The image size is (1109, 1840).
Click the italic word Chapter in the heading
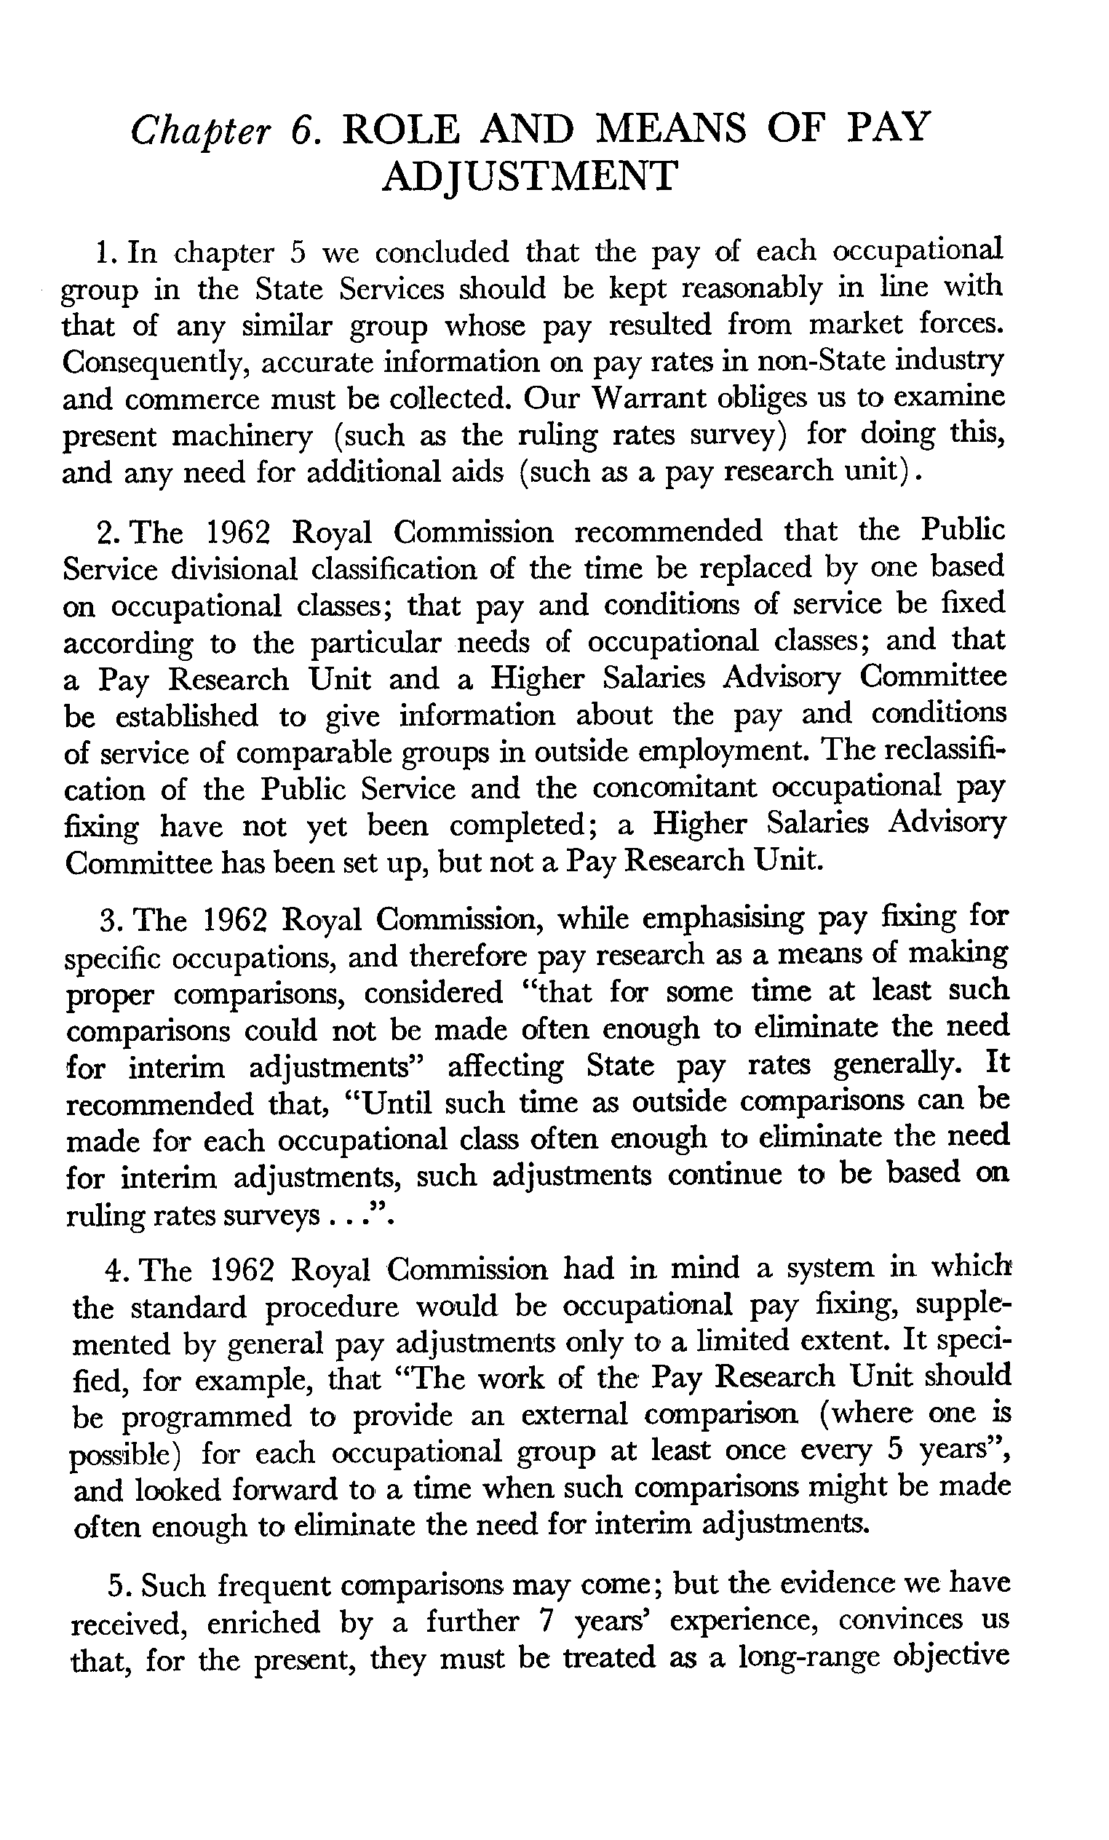click(199, 132)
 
